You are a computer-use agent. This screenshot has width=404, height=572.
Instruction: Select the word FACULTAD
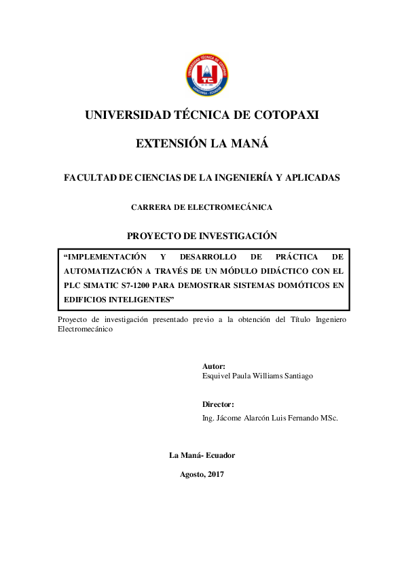[x=89, y=177]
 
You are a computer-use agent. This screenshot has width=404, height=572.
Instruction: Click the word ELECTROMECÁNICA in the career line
[x=233, y=207]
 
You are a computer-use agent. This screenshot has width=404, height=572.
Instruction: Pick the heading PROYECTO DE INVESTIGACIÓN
[x=202, y=236]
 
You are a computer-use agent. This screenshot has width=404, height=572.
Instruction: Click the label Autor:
[x=214, y=365]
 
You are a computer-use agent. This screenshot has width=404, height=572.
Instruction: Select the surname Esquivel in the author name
[x=218, y=376]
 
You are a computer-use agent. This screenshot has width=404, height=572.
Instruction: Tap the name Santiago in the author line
[x=297, y=376]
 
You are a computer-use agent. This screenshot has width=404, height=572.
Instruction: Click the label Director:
[x=218, y=404]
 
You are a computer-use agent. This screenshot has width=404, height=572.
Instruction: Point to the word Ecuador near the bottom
[x=218, y=456]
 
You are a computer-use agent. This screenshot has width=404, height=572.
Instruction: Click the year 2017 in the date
[x=215, y=474]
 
